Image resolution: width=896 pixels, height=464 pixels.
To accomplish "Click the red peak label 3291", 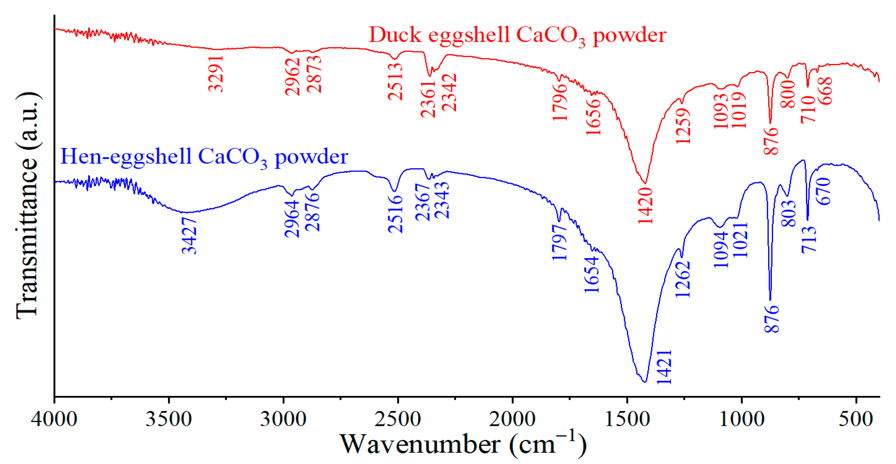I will [216, 74].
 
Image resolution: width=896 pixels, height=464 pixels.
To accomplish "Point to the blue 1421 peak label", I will [664, 367].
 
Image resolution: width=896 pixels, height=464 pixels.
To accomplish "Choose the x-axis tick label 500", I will [856, 419].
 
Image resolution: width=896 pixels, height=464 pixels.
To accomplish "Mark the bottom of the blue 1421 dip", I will [645, 382].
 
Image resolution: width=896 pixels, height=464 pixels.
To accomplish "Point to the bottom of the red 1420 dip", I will [645, 183].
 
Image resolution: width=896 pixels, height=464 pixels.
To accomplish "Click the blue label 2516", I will [396, 214].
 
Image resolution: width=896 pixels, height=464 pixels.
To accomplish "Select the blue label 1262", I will [683, 279].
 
